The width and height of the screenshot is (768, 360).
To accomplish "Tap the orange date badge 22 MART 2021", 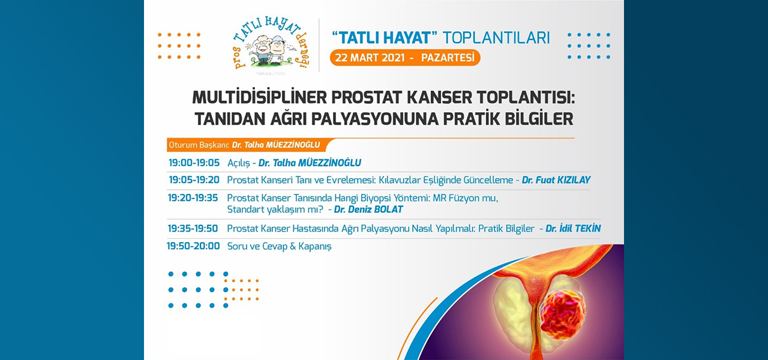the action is (x=404, y=58).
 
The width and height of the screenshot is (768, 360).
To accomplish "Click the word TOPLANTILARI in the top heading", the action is (x=496, y=38).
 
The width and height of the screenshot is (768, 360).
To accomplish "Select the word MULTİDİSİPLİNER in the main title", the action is (x=260, y=98).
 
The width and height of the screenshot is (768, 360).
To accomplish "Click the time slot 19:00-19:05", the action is (x=194, y=163).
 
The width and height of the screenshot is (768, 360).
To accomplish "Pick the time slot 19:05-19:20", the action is (x=194, y=179).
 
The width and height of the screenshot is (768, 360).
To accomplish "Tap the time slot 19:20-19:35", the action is (x=193, y=198).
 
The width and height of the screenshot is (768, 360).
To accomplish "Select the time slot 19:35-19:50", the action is (x=193, y=229).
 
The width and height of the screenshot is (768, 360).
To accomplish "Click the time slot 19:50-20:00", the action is (x=193, y=246).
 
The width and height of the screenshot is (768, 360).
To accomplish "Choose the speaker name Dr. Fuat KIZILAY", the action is (x=556, y=180).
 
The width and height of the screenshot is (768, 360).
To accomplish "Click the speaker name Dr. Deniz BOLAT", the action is (x=368, y=209).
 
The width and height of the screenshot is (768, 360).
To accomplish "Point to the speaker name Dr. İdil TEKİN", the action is (x=573, y=229).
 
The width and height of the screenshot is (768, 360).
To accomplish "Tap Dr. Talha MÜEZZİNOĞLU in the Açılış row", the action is (x=310, y=163).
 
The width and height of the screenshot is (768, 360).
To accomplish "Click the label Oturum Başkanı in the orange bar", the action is (x=199, y=145).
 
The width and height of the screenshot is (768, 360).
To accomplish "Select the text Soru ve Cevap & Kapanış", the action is (x=280, y=247).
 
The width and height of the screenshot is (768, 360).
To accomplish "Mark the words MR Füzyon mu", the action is (x=465, y=198).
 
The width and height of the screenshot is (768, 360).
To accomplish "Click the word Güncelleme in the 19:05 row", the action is (x=488, y=180).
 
